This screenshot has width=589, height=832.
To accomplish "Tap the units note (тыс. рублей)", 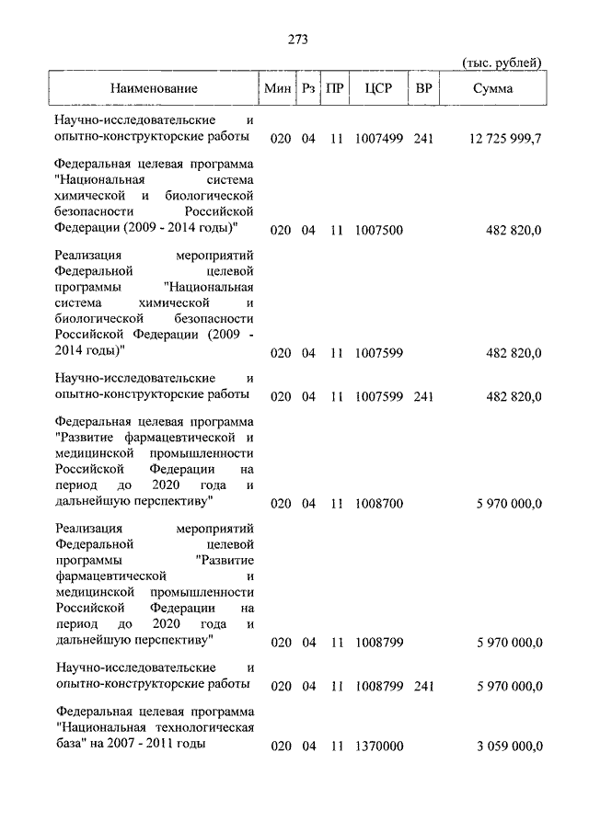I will click(501, 63).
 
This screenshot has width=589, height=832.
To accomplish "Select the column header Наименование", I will click(154, 89).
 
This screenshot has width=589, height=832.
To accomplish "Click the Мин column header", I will click(277, 89).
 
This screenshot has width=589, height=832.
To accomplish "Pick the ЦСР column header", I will click(379, 89).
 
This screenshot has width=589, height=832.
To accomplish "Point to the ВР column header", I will click(423, 89).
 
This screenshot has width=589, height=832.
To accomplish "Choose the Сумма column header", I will click(493, 89).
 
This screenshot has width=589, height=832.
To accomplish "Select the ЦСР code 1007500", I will click(378, 231).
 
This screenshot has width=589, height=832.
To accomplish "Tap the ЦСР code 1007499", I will click(378, 139).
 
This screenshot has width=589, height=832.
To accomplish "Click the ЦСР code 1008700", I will click(378, 503).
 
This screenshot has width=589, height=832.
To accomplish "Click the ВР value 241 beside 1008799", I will click(423, 686).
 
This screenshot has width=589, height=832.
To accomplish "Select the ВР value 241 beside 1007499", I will click(423, 139).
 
